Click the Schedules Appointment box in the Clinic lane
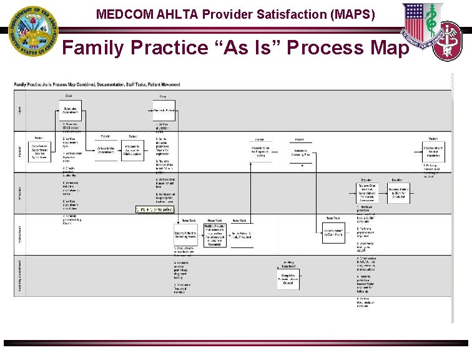pyautogui.click(x=71, y=111)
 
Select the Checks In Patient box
pyautogui.click(x=164, y=111)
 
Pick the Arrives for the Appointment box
pyautogui.click(x=106, y=151)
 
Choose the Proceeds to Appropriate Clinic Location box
pyautogui.click(x=133, y=151)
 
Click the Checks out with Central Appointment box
pyautogui.click(x=433, y=151)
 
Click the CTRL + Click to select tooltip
pyautogui.click(x=155, y=209)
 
